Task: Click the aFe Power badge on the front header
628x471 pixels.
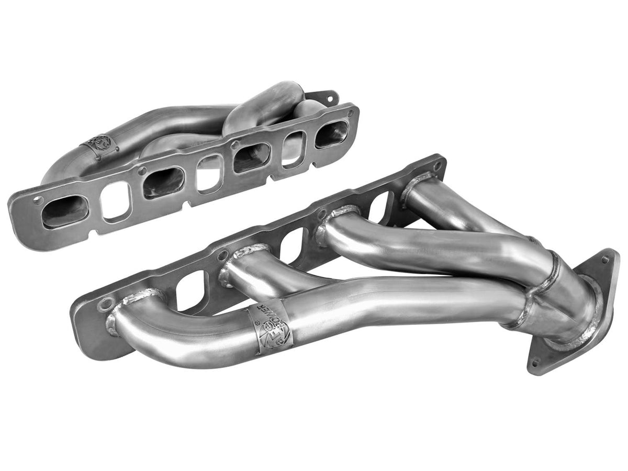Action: click(x=271, y=328)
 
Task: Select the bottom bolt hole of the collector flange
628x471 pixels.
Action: click(x=535, y=362)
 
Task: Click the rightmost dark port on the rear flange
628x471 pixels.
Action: click(x=332, y=133)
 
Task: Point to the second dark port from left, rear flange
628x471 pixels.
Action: click(x=163, y=183)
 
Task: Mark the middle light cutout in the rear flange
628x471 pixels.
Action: click(x=208, y=173)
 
